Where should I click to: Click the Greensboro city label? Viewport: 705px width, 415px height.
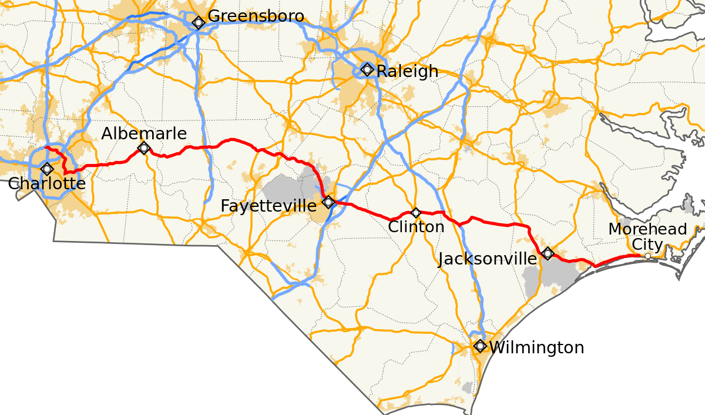pos(256,16)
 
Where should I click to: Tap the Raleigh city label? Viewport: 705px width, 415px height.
pos(407,71)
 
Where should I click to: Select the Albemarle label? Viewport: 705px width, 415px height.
pos(144,134)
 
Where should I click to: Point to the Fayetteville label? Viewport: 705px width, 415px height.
pos(268,206)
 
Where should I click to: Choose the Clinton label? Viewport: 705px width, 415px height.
pos(416,227)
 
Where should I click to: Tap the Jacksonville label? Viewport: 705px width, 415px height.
pos(487,259)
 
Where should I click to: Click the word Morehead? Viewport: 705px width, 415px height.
pos(647,229)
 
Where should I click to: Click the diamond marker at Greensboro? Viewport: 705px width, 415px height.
pos(199,23)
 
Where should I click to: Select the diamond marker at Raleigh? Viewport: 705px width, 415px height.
pos(367,69)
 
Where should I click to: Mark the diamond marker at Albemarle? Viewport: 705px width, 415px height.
pos(144,148)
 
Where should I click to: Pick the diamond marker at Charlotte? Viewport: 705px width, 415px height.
pos(47,169)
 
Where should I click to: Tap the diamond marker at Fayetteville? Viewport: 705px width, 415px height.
pos(329,202)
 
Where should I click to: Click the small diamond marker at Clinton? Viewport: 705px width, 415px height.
pos(416,212)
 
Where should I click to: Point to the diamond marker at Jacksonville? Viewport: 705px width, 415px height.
pos(548,253)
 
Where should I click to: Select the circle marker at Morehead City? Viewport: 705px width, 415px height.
pos(647,256)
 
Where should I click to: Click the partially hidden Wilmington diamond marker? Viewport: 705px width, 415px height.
pos(481,346)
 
